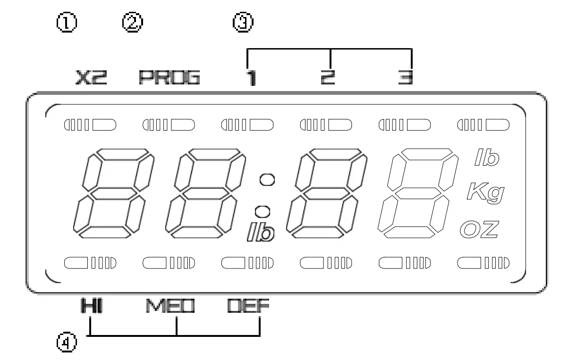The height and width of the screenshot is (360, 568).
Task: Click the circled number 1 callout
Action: point(67,22)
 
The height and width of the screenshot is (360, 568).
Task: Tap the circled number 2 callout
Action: point(133,22)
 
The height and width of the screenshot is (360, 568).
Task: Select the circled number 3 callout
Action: point(243,22)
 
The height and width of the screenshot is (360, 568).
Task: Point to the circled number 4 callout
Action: point(67,342)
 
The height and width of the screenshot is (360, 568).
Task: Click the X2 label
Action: point(92,77)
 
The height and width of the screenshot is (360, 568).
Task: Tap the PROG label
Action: point(170,77)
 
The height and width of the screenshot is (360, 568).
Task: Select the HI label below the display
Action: point(92,306)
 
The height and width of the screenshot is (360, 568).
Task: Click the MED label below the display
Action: point(170,306)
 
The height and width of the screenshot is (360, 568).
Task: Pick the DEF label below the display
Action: point(248,306)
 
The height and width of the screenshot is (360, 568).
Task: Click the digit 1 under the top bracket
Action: point(251,78)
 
